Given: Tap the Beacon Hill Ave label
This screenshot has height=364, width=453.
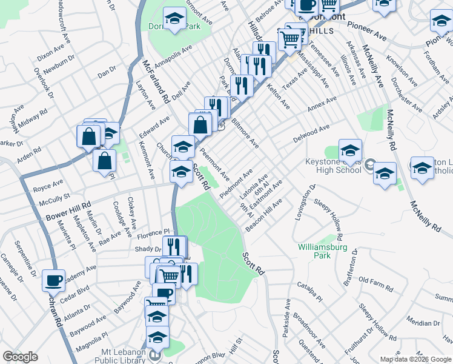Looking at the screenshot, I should pos(264,214).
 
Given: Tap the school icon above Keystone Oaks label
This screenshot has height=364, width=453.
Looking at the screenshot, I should pos(350,150).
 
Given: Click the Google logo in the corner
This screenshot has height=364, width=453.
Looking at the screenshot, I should pos(20,357).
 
